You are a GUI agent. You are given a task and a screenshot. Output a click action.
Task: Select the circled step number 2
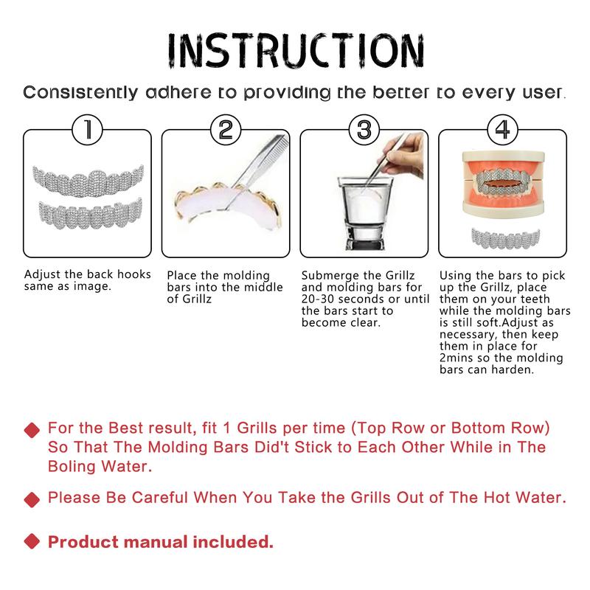click(225, 131)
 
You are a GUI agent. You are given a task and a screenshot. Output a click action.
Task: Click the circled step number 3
click(363, 131)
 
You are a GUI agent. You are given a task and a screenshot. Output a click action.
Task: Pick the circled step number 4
click(502, 131)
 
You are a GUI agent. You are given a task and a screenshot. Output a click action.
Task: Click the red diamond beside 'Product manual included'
click(31, 544)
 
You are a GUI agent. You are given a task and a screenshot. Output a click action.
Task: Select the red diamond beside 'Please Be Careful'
click(31, 499)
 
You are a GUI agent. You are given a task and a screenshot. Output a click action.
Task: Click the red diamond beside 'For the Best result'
click(31, 430)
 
